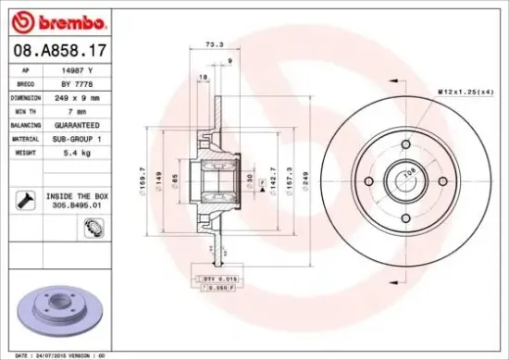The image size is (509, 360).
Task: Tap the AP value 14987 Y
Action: [77, 69]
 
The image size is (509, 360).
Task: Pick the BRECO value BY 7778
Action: [77, 82]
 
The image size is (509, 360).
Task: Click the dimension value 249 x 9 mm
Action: [78, 95]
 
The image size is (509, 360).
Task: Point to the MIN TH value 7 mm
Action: [78, 108]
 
